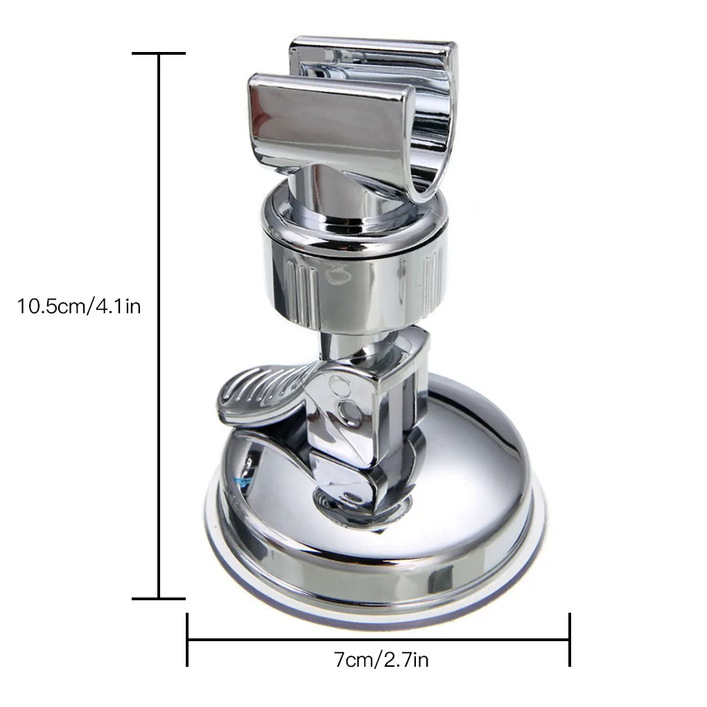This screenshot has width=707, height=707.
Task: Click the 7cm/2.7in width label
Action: [x=378, y=659]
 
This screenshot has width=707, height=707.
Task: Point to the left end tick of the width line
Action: [x=188, y=639]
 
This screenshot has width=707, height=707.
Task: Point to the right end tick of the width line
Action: [x=569, y=639]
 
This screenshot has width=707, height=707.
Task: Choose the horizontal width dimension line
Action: [x=378, y=639]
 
